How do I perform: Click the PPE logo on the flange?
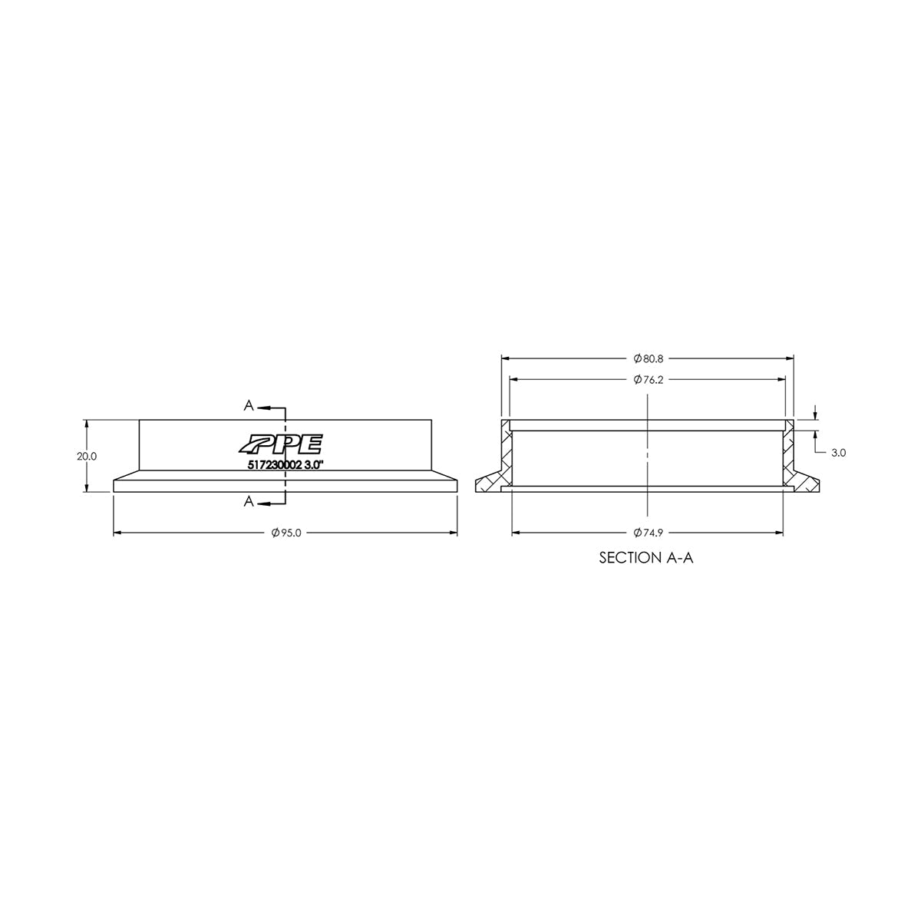[x=281, y=444]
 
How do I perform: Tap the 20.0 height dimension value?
[x=87, y=456]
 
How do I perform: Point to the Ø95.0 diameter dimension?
[x=285, y=533]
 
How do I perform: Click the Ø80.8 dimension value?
[x=647, y=358]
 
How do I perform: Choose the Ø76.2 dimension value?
[x=647, y=380]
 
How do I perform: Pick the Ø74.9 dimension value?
[x=647, y=533]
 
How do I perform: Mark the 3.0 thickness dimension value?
[x=838, y=453]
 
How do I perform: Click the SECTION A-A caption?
[x=646, y=558]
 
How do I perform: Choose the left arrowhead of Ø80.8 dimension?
[x=506, y=358]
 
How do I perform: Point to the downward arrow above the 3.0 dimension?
[x=815, y=416]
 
